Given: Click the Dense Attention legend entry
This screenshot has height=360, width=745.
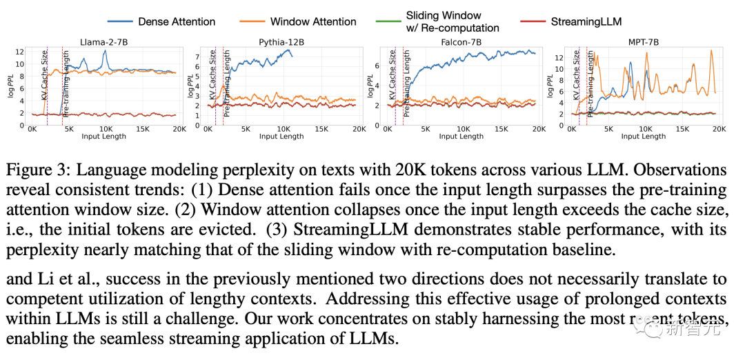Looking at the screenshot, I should (x=177, y=21).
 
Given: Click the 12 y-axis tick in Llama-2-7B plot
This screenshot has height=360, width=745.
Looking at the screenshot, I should (x=21, y=52).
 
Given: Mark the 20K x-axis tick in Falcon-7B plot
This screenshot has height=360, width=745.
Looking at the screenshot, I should (x=538, y=129).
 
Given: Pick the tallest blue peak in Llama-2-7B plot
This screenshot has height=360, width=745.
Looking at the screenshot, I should (x=105, y=51).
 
